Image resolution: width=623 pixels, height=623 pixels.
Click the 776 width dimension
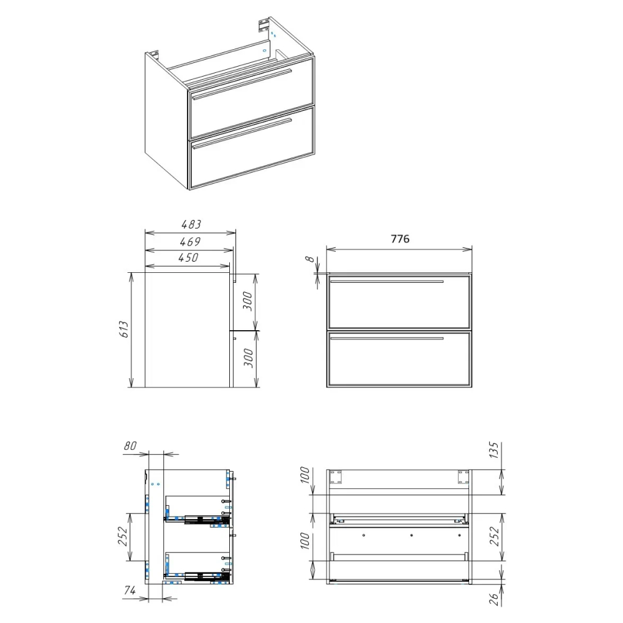pyautogui.click(x=400, y=239)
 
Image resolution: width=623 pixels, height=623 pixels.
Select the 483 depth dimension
pyautogui.click(x=191, y=224)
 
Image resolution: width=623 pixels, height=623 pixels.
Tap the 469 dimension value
pyautogui.click(x=190, y=242)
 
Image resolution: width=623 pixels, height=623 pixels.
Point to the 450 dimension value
pyautogui.click(x=188, y=257)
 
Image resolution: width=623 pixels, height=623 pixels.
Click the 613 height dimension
pyautogui.click(x=124, y=330)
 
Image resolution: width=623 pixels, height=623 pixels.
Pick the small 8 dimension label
pyautogui.click(x=310, y=259)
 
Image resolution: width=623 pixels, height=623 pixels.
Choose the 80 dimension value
pyautogui.click(x=130, y=446)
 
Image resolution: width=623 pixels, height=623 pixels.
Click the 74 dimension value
pyautogui.click(x=130, y=591)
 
